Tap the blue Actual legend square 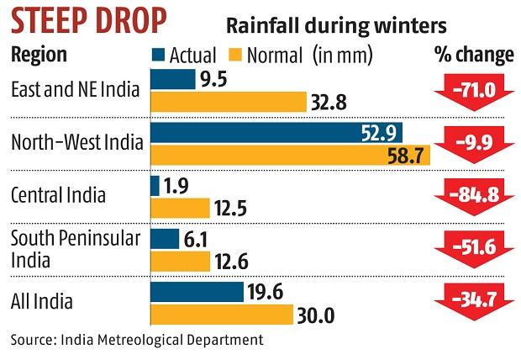(x=156, y=56)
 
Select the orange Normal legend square (x=238, y=56)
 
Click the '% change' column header (x=473, y=56)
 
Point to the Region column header (x=39, y=56)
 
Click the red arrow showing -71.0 (x=473, y=91)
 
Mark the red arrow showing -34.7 (x=473, y=303)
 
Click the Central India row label (x=58, y=196)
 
